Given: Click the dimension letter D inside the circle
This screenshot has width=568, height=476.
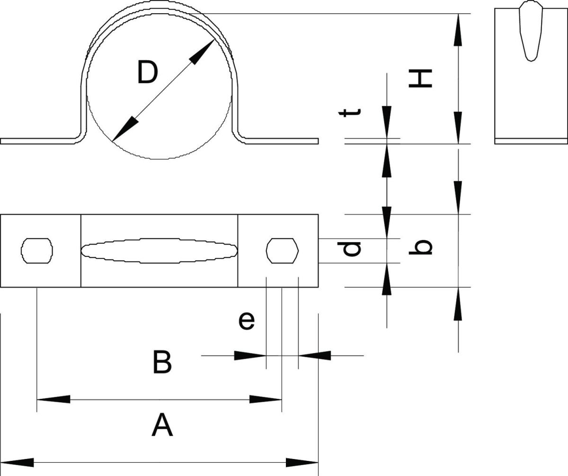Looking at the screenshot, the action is pyautogui.click(x=148, y=72).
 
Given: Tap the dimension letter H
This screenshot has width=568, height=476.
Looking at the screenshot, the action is pyautogui.click(x=420, y=79).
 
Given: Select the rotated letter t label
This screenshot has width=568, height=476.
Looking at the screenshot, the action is pyautogui.click(x=350, y=113).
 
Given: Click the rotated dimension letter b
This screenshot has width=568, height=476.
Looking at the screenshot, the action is pyautogui.click(x=421, y=247).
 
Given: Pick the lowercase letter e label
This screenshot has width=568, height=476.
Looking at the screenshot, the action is pyautogui.click(x=247, y=321).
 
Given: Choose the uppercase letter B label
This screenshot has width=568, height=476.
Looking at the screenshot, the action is pyautogui.click(x=162, y=362).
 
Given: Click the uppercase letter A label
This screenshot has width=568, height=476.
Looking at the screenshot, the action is pyautogui.click(x=162, y=425).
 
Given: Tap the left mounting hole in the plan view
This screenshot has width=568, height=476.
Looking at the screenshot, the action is pyautogui.click(x=37, y=251).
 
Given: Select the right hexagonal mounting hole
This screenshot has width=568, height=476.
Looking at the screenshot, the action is pyautogui.click(x=283, y=251).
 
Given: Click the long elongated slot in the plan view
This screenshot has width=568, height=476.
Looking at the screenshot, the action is pyautogui.click(x=160, y=251).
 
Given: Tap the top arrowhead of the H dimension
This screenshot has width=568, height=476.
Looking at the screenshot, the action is pyautogui.click(x=458, y=29).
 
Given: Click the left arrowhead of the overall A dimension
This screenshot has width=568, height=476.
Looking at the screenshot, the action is pyautogui.click(x=17, y=462).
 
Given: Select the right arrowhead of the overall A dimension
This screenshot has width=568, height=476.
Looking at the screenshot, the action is pyautogui.click(x=302, y=462).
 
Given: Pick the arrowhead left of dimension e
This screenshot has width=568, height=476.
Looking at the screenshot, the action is pyautogui.click(x=250, y=355).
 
